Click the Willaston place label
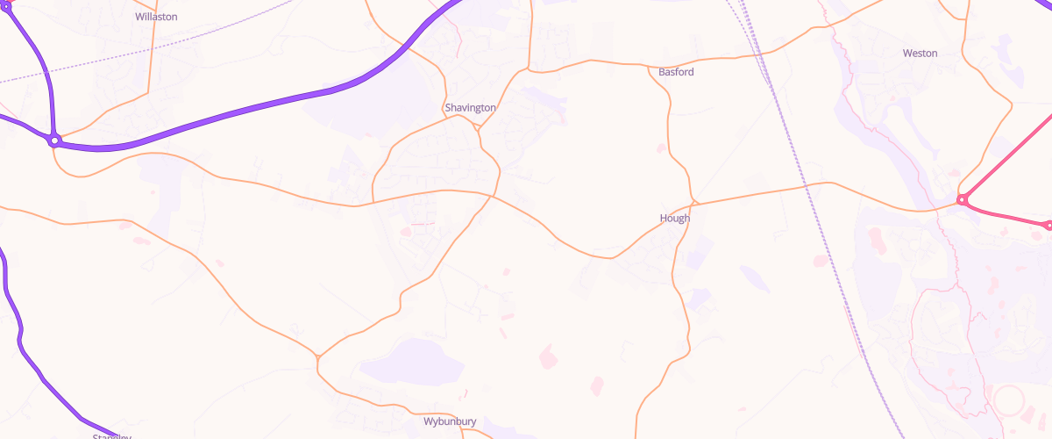tap(156, 17)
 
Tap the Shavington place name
tap(470, 107)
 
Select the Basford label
tap(676, 72)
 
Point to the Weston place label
tap(920, 54)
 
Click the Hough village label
tap(674, 218)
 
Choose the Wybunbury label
tap(450, 421)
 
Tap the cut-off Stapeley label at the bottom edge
tap(111, 435)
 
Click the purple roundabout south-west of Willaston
tap(54, 140)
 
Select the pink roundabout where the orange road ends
tap(962, 200)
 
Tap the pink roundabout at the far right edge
tap(1048, 226)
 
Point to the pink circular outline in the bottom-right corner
tap(1008, 402)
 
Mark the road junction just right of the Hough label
tap(693, 205)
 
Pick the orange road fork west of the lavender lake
tap(317, 358)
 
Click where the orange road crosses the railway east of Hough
tap(807, 186)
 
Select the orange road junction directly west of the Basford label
tap(530, 69)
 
